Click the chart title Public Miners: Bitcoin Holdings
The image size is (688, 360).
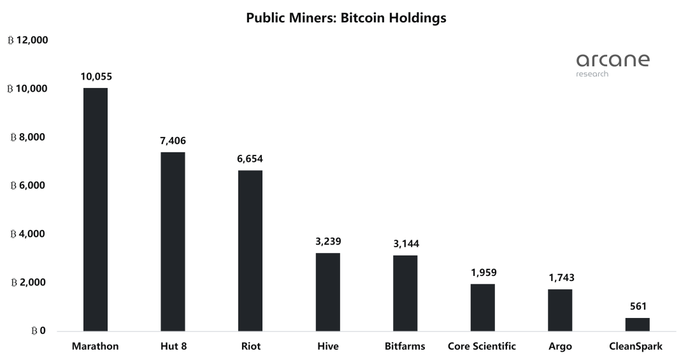click(x=346, y=18)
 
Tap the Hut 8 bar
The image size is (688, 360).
click(x=173, y=241)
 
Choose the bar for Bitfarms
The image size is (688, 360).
click(x=405, y=293)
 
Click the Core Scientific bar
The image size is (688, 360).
click(x=482, y=307)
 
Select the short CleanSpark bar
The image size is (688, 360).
click(x=637, y=324)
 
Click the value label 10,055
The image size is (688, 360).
click(x=96, y=76)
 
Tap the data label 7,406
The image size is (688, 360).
click(x=173, y=141)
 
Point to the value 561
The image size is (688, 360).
click(x=637, y=306)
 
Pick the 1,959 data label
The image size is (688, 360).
click(x=482, y=272)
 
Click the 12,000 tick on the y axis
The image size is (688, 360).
click(x=28, y=40)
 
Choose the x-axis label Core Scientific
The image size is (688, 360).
click(x=482, y=347)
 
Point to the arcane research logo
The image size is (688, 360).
click(x=612, y=64)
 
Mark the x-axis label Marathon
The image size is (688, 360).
click(x=96, y=347)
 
